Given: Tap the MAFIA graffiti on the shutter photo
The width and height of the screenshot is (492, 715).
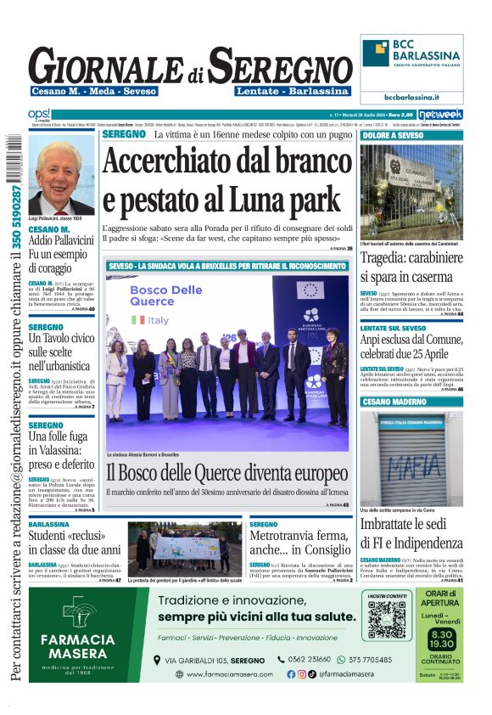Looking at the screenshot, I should (411, 469).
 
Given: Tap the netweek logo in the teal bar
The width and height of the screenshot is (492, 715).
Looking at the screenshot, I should (440, 114).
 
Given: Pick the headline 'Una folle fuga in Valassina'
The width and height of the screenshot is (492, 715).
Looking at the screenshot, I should (61, 451).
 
